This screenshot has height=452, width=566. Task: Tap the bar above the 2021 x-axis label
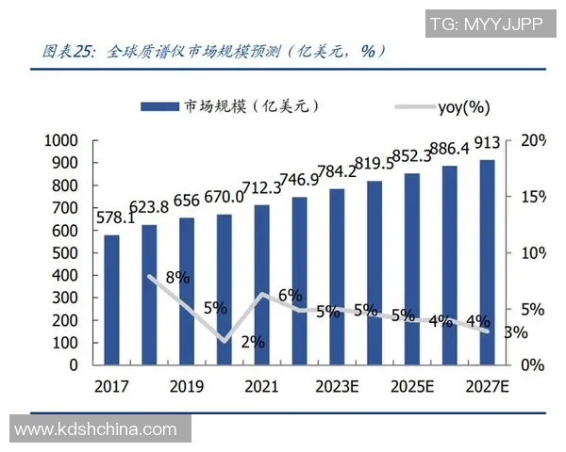click(x=261, y=284)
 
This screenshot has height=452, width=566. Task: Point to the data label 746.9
click(x=300, y=180)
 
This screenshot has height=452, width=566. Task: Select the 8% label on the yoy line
click(x=177, y=277)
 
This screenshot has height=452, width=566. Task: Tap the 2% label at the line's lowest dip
click(x=252, y=342)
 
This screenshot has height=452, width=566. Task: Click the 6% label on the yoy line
click(x=290, y=295)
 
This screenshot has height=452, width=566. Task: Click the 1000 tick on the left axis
click(x=60, y=140)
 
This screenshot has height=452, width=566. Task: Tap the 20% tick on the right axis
click(x=532, y=140)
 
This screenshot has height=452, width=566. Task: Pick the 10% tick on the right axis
click(x=532, y=252)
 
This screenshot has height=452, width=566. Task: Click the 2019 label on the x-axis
click(x=187, y=386)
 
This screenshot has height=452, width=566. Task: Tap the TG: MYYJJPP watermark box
click(x=486, y=24)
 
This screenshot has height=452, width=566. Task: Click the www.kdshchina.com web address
click(x=96, y=429)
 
